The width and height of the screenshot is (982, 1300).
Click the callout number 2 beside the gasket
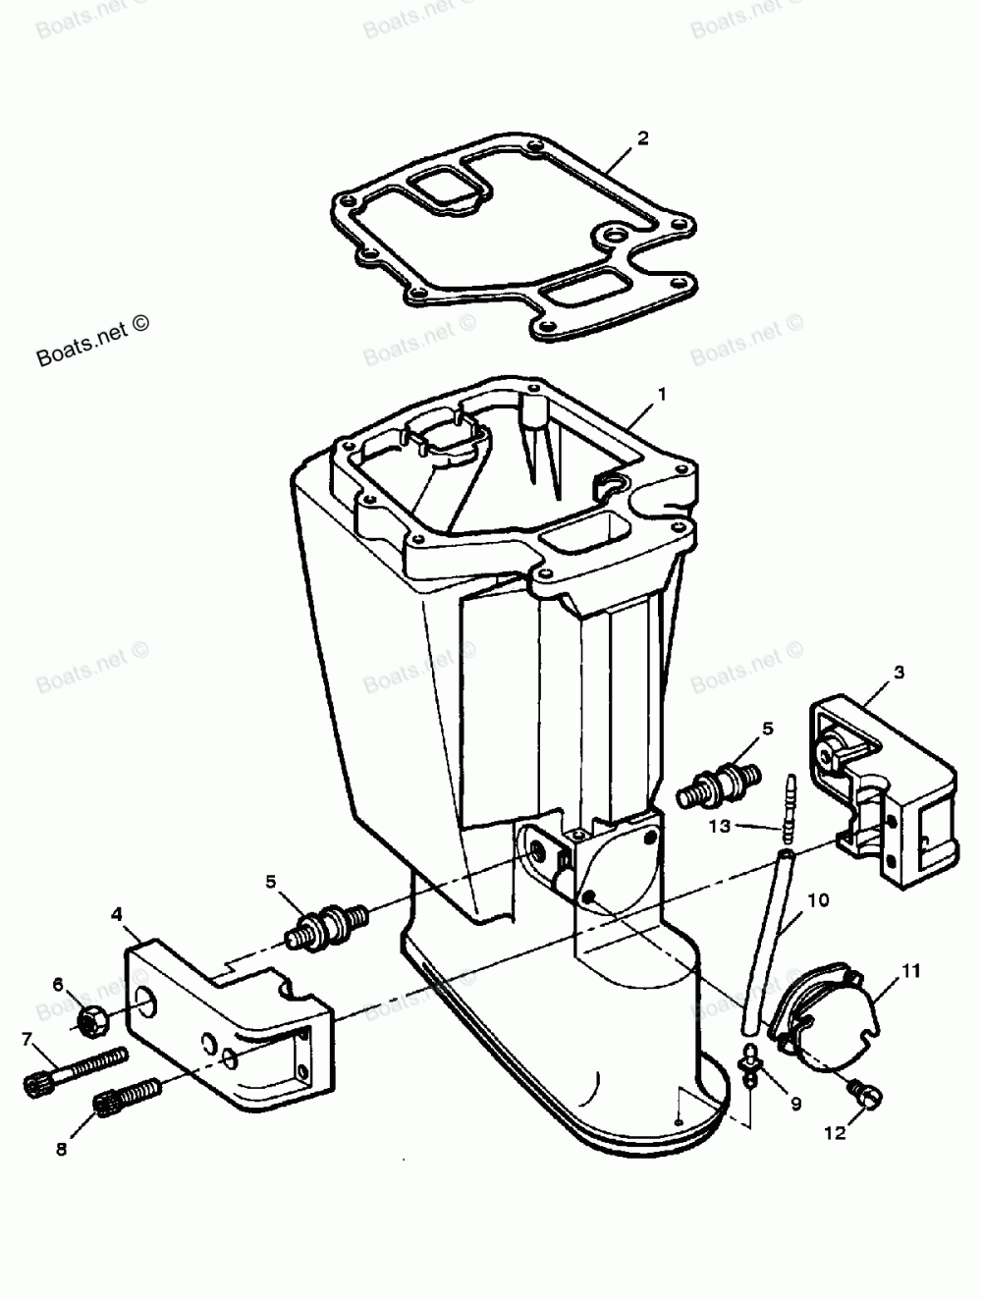[642, 137]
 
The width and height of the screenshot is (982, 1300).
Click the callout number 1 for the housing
[662, 394]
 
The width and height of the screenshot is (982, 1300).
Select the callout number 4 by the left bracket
[117, 914]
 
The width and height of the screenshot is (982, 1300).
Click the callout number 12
[834, 1133]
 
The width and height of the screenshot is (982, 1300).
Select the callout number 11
[911, 972]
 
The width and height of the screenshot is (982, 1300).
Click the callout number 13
[721, 826]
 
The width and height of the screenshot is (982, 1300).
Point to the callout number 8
[61, 1150]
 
